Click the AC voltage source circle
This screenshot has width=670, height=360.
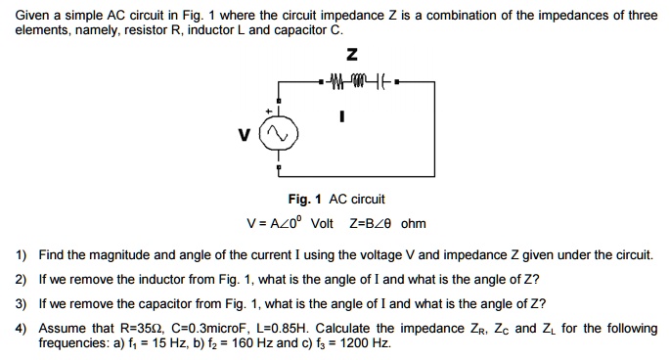280,135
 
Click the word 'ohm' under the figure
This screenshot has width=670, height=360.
414,223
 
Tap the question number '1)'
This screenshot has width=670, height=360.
22,255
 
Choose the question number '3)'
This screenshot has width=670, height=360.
22,302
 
